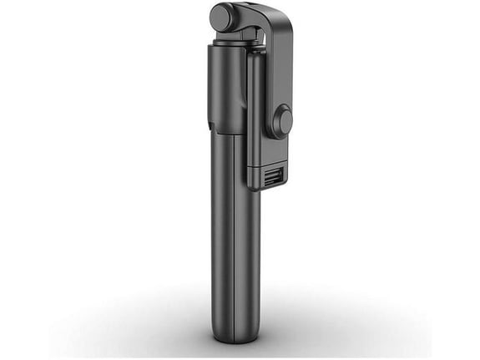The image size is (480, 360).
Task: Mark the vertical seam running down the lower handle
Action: (x=236, y=251)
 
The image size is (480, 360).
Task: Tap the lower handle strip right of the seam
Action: (x=248, y=251)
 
